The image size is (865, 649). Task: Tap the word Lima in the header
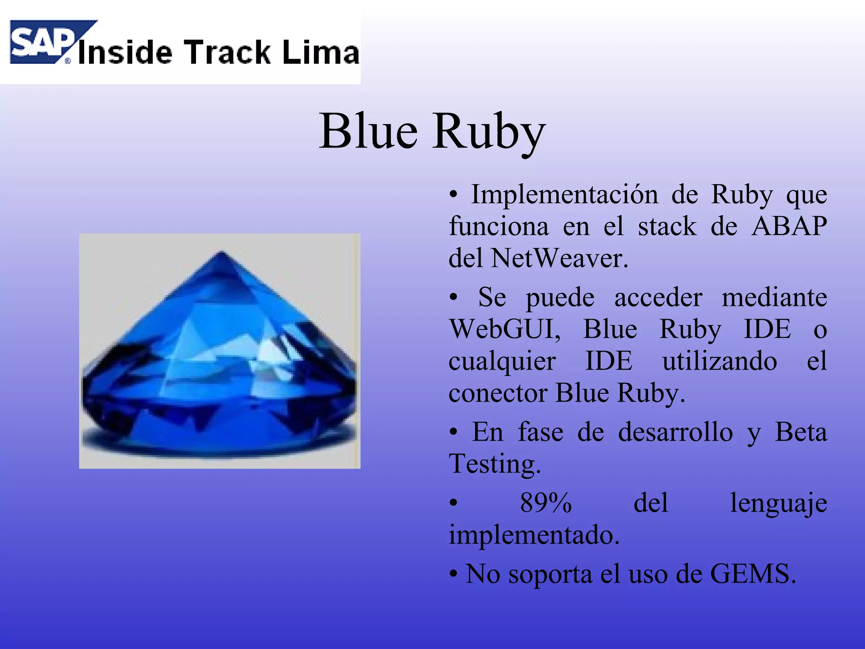click(321, 53)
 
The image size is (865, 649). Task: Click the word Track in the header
click(228, 53)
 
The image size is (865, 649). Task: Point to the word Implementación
click(564, 195)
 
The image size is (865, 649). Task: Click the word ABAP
click(789, 226)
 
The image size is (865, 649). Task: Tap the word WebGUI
click(505, 329)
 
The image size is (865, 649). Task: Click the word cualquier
click(502, 362)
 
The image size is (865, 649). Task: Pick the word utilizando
click(719, 362)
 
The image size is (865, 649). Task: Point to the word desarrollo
click(675, 432)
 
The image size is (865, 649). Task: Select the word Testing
click(494, 464)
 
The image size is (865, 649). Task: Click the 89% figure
click(545, 503)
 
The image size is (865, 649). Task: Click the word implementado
click(533, 535)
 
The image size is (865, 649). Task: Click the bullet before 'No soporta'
click(453, 574)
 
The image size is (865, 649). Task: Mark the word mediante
click(774, 297)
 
